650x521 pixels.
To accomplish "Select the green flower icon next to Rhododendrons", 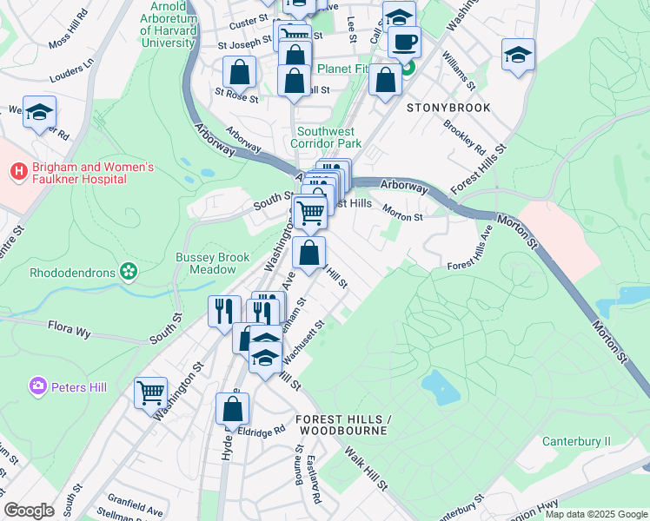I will click(x=129, y=273).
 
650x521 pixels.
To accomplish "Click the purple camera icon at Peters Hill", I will click(x=37, y=386).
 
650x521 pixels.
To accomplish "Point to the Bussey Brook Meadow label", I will click(x=212, y=263).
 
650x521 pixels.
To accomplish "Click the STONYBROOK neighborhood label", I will click(x=448, y=108).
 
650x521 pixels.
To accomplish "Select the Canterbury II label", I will click(x=576, y=442).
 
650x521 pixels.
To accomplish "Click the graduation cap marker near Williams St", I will click(x=518, y=55).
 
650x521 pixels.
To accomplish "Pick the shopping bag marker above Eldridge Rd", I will click(x=232, y=409).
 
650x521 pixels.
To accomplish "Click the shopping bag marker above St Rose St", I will click(x=239, y=72).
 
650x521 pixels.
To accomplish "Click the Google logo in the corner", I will click(x=29, y=511).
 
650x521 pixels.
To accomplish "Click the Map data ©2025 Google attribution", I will click(x=595, y=514).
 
